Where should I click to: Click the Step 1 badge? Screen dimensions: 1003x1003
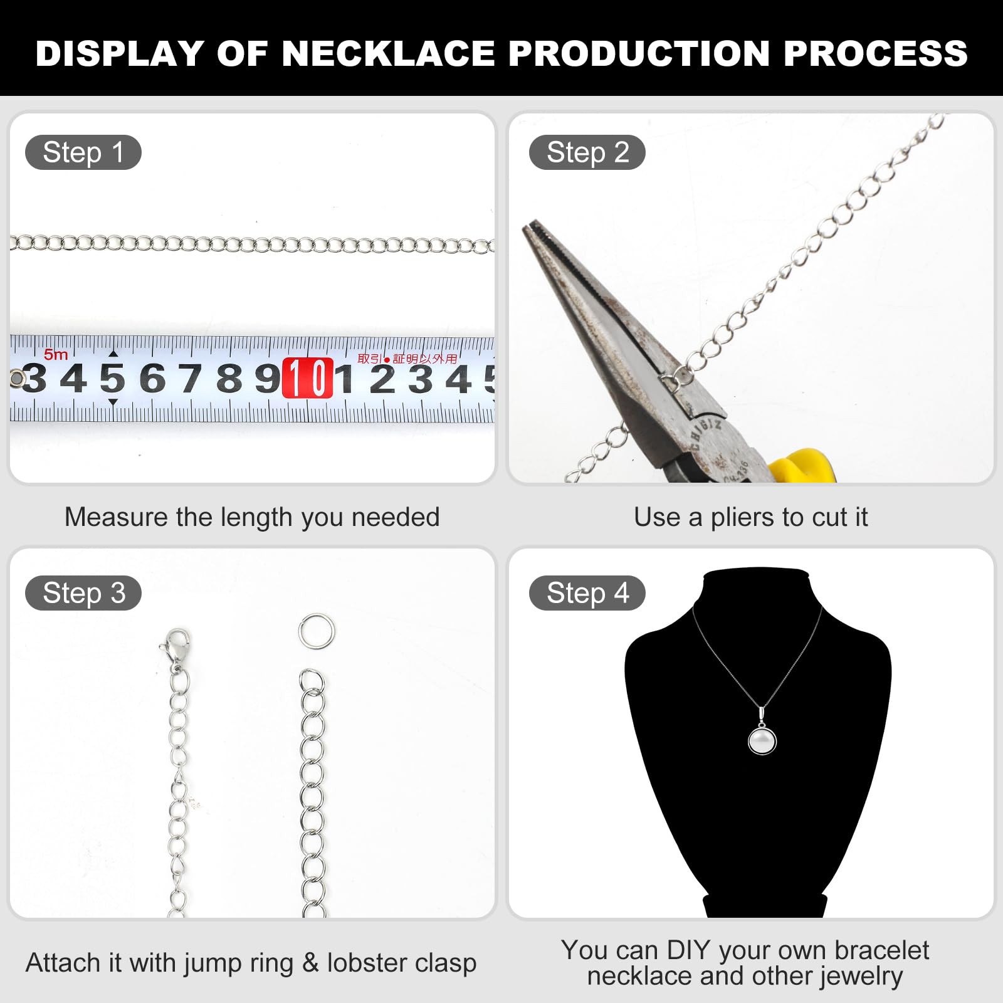[x=83, y=152]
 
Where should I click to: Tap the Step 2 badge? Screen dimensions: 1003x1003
[x=587, y=152]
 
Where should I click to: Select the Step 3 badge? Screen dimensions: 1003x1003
[x=83, y=593]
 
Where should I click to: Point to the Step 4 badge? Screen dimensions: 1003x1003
[x=587, y=593]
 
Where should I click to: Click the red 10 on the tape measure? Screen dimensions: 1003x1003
[x=307, y=378]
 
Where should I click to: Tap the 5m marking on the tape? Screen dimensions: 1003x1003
[x=56, y=355]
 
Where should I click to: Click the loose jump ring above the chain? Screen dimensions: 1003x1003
[x=317, y=631]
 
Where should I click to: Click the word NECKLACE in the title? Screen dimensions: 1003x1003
[x=388, y=53]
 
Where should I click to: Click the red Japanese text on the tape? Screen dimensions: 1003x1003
[x=407, y=359]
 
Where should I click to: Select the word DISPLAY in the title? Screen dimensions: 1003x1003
[x=119, y=53]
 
